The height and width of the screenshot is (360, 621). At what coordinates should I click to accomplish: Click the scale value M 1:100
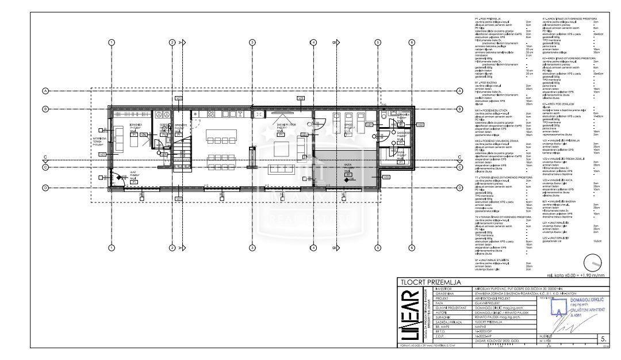pyautogui.click(x=547, y=340)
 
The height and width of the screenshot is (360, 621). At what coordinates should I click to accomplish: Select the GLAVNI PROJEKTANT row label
pyautogui.click(x=442, y=308)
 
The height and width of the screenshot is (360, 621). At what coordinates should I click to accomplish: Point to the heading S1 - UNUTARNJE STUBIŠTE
pyautogui.click(x=492, y=259)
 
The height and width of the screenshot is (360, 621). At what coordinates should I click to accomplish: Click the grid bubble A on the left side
pyautogui.click(x=45, y=91)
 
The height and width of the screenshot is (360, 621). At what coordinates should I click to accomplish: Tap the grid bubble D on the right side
pyautogui.click(x=460, y=187)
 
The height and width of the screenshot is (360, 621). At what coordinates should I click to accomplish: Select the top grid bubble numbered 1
pyautogui.click(x=112, y=42)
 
